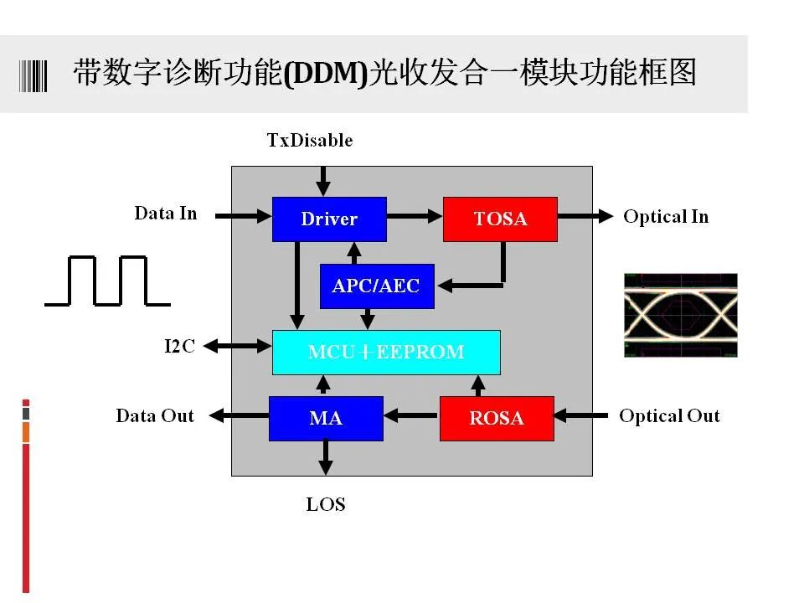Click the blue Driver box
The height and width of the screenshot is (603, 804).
329,219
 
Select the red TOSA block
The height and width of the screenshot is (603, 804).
501,219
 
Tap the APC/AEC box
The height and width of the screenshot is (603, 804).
377,286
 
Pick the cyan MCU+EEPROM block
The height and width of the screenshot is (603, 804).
386,353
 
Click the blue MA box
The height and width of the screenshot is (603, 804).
326,419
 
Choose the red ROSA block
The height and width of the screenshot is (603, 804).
497,419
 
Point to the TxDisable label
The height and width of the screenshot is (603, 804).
310,140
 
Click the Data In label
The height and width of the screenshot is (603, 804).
166,213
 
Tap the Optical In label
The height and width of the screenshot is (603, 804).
666,217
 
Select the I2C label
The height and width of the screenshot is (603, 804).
179,346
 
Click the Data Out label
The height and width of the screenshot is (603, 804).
155,415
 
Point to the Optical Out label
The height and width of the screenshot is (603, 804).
669,416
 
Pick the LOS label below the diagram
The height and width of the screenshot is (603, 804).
326,504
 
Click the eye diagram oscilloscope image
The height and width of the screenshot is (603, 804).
681,315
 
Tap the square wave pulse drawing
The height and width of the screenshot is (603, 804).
108,281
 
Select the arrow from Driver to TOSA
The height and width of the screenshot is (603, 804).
415,216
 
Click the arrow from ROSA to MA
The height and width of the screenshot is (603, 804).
412,415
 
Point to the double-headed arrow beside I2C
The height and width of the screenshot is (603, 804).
238,347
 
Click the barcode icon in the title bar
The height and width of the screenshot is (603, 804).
33,76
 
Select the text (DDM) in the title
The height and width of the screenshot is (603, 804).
326,73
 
